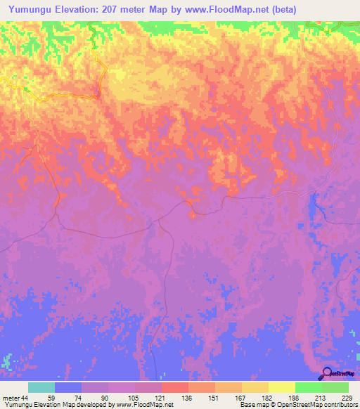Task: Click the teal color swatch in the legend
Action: (x=41, y=388)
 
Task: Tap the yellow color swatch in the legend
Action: (x=282, y=388)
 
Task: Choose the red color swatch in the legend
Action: (x=175, y=388)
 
